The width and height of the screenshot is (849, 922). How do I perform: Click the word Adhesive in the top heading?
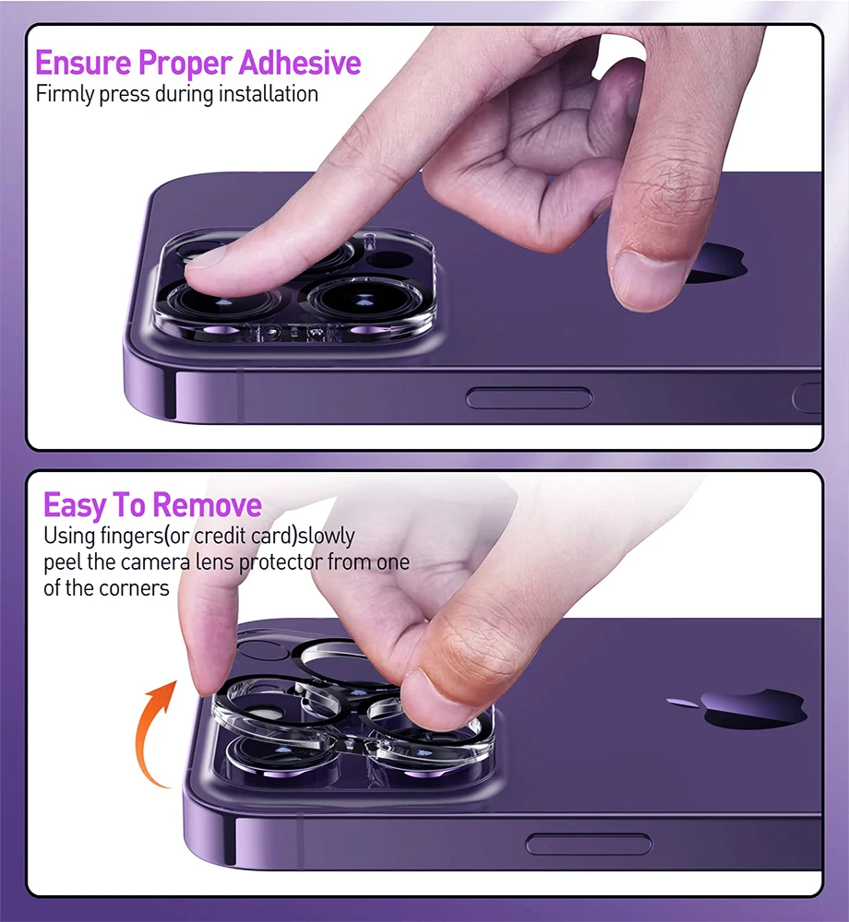(300, 63)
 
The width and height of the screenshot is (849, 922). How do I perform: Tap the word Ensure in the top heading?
(83, 63)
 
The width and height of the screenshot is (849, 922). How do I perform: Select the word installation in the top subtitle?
(269, 94)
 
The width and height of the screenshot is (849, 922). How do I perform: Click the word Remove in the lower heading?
(207, 505)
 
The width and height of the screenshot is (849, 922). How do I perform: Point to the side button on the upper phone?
(529, 398)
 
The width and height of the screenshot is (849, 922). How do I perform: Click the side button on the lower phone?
(589, 845)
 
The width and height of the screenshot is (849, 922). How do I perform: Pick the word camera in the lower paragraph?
(156, 562)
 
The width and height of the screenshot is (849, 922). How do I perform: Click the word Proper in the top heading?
(185, 64)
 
